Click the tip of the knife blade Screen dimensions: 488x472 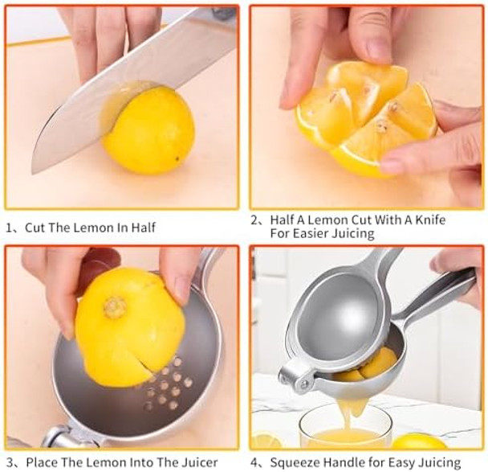click(x=33, y=174)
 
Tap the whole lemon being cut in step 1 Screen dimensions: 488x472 click(x=148, y=130)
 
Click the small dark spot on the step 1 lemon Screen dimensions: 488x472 click(x=177, y=159)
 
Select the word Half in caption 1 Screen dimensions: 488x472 click(x=143, y=228)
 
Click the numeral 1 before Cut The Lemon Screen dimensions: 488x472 click(x=9, y=228)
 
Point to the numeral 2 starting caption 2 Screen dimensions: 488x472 click(x=255, y=220)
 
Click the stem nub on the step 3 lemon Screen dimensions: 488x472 click(x=115, y=307)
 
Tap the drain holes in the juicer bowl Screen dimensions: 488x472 click(x=166, y=384)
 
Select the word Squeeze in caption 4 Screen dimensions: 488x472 click(x=293, y=462)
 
